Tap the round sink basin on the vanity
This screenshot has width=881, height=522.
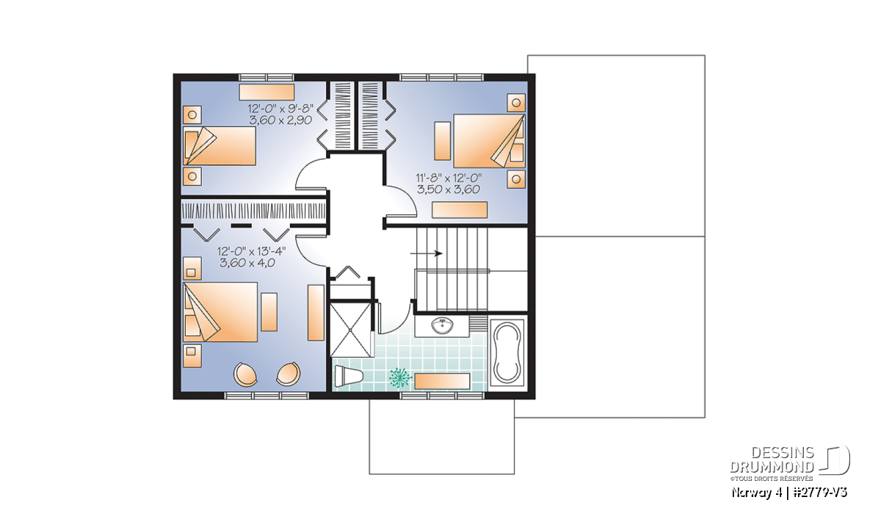[443, 326]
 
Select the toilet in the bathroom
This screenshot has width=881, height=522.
[348, 376]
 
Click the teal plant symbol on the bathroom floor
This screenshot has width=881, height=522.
[400, 377]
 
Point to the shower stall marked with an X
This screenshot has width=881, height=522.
[350, 329]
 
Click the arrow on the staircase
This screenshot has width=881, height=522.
[427, 253]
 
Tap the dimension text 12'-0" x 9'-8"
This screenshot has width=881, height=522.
[280, 108]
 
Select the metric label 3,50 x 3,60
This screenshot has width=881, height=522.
[449, 189]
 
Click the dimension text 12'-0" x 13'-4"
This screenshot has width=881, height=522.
[252, 251]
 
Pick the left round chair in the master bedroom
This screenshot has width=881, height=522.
[246, 374]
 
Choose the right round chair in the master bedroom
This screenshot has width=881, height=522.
[289, 374]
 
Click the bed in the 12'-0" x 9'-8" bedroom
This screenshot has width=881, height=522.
[220, 145]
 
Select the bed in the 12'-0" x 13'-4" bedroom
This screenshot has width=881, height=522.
[220, 312]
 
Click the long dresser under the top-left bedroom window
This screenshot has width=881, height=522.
[267, 92]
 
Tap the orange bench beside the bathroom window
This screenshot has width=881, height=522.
[443, 381]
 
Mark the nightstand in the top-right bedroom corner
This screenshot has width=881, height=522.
[516, 103]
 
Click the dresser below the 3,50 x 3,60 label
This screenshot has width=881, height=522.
[460, 210]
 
